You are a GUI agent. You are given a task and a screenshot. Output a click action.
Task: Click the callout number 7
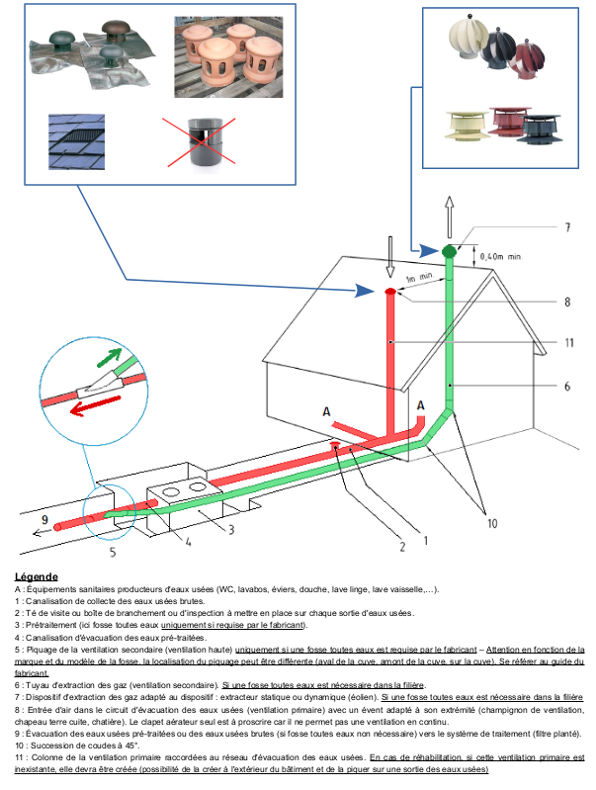[x=566, y=227]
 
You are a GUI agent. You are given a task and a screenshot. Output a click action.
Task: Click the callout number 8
[x=566, y=301]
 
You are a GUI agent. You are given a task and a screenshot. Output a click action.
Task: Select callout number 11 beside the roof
[x=569, y=343]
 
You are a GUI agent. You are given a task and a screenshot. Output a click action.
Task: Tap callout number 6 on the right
[x=568, y=387]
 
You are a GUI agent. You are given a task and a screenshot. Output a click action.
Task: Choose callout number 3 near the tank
[x=231, y=530]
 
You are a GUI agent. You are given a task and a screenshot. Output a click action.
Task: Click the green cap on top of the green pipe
[x=450, y=250]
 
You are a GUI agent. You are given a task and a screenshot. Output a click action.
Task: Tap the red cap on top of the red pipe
[x=391, y=292]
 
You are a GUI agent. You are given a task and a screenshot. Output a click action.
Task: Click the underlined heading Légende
[x=37, y=575]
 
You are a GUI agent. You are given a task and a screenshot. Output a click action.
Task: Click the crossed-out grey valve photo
[x=210, y=142]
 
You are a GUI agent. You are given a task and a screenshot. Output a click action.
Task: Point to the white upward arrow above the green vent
[x=450, y=214]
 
